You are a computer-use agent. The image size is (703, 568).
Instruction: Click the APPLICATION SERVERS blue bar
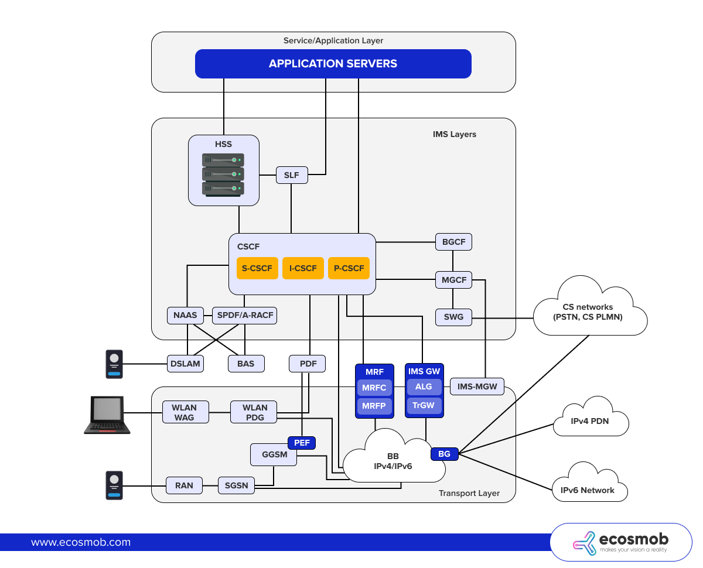click(333, 64)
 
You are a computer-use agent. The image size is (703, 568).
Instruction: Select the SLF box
click(291, 175)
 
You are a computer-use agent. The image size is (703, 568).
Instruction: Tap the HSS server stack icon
click(223, 174)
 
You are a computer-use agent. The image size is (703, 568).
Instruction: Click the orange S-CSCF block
click(257, 268)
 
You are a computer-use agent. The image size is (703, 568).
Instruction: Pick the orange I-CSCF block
click(303, 268)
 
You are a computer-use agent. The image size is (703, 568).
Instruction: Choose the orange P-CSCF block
click(349, 268)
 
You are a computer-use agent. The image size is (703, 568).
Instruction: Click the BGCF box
click(453, 242)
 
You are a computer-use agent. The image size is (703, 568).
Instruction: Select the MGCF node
click(454, 280)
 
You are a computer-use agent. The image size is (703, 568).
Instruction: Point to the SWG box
click(453, 317)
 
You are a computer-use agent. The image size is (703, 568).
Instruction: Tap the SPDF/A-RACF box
click(245, 316)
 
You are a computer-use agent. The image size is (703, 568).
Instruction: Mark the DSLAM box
click(185, 364)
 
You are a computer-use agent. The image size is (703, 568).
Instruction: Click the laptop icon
click(107, 415)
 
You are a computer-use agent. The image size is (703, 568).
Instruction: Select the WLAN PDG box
click(255, 412)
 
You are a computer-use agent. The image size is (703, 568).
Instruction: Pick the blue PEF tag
click(302, 443)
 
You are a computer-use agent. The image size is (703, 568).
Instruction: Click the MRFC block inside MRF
click(374, 388)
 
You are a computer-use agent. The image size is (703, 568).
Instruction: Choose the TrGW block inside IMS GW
click(424, 405)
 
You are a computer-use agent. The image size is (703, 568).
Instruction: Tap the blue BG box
click(444, 454)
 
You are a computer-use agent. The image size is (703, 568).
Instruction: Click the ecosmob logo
click(621, 542)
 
